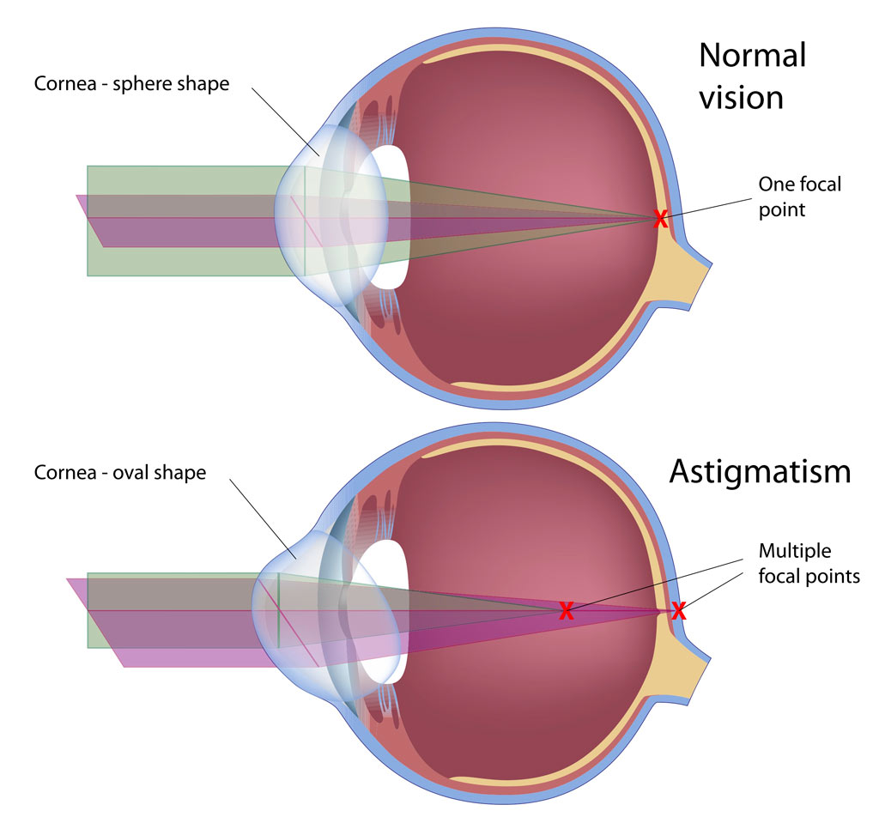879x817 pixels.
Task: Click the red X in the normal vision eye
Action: (660, 219)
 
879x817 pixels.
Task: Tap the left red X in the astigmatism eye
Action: (566, 611)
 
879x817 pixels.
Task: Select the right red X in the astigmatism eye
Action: (678, 611)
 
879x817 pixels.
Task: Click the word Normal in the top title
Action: (752, 56)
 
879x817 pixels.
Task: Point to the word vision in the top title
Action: (740, 97)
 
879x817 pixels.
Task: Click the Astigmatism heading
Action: (760, 471)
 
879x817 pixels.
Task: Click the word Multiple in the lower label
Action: (794, 551)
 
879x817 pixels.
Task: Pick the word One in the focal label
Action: (774, 184)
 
